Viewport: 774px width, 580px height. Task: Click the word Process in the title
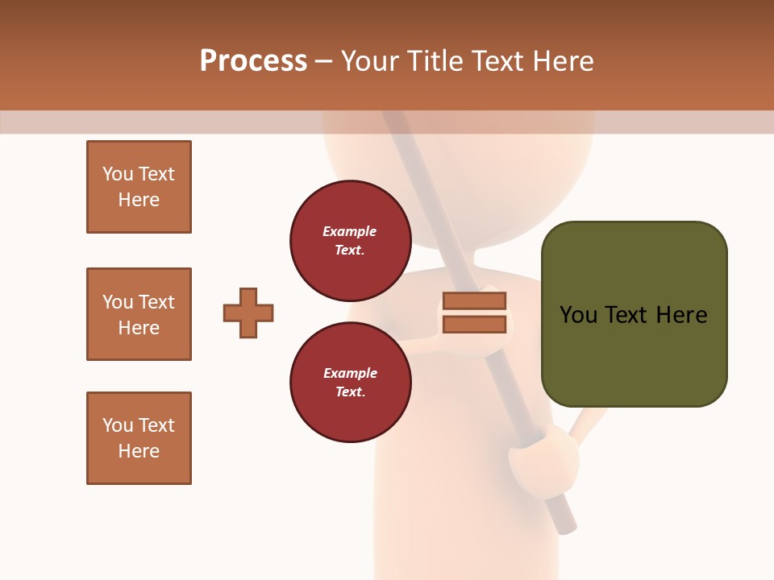(x=253, y=61)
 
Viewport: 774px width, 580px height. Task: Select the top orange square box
(x=139, y=187)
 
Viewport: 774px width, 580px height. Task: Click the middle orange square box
(x=139, y=314)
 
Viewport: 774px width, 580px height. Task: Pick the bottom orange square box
(x=139, y=438)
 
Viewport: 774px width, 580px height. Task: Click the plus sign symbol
(x=248, y=313)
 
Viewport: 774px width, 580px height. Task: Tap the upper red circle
(x=350, y=240)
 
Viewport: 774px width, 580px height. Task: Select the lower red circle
(x=350, y=382)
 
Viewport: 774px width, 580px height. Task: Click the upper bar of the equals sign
(x=474, y=301)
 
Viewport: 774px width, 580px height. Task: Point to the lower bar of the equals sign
(x=474, y=325)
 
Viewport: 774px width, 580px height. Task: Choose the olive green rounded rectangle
(x=634, y=314)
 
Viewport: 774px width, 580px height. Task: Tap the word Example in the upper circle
(x=349, y=231)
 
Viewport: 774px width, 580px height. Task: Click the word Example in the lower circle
(x=350, y=373)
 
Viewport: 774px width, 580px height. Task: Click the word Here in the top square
(x=139, y=200)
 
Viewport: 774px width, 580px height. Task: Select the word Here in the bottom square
(x=139, y=451)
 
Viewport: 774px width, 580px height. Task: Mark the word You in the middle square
(x=116, y=302)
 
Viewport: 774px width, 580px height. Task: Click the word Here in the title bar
(x=564, y=61)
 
